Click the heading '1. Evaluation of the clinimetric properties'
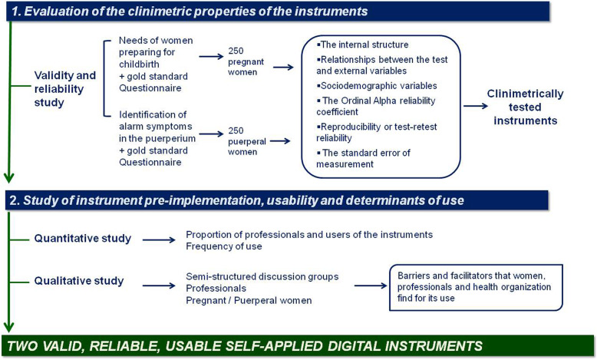pyautogui.click(x=190, y=12)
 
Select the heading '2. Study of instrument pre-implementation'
pyautogui.click(x=236, y=200)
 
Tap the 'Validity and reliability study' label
pyautogui.click(x=64, y=89)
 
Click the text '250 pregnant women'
pyautogui.click(x=246, y=61)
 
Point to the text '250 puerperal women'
pyautogui.click(x=247, y=141)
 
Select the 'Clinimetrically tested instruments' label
pyautogui.click(x=525, y=107)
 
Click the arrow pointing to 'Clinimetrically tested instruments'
pyautogui.click(x=476, y=106)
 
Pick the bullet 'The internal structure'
pyautogui.click(x=362, y=45)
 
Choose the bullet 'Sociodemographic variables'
pyautogui.click(x=377, y=86)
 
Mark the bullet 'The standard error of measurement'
pyautogui.click(x=363, y=158)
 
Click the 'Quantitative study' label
pyautogui.click(x=83, y=239)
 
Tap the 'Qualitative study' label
pyautogui.click(x=79, y=281)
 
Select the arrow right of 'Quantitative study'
pyautogui.click(x=159, y=240)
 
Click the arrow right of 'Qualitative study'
pyautogui.click(x=159, y=286)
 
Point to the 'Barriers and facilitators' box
pyautogui.click(x=476, y=288)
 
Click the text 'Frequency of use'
pyautogui.click(x=224, y=246)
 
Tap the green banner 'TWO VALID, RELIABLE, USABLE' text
pyautogui.click(x=245, y=346)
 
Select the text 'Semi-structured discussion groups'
pyautogui.click(x=262, y=276)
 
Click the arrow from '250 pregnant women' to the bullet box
pyautogui.click(x=283, y=68)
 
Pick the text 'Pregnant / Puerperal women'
pyautogui.click(x=249, y=301)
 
